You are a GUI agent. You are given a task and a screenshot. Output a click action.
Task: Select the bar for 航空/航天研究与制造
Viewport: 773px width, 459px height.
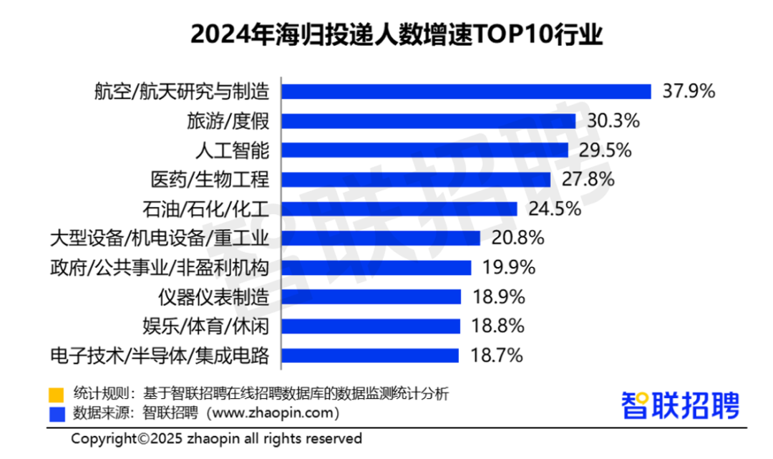point(466,92)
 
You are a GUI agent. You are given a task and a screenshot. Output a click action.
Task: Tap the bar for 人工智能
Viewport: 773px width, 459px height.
point(424,150)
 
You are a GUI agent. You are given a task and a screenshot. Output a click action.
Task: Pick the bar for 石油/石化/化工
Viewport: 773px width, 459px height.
point(399,208)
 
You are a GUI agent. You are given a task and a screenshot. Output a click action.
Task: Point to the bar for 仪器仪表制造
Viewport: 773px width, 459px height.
point(371,296)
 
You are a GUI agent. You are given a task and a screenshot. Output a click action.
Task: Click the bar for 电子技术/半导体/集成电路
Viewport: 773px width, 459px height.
point(370,355)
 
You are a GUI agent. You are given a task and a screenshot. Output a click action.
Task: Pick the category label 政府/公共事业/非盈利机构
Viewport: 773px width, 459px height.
point(160,267)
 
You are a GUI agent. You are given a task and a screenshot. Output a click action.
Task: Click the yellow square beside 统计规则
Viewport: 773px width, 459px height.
point(56,394)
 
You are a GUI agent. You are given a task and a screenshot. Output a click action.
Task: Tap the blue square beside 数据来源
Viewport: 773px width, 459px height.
point(56,414)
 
